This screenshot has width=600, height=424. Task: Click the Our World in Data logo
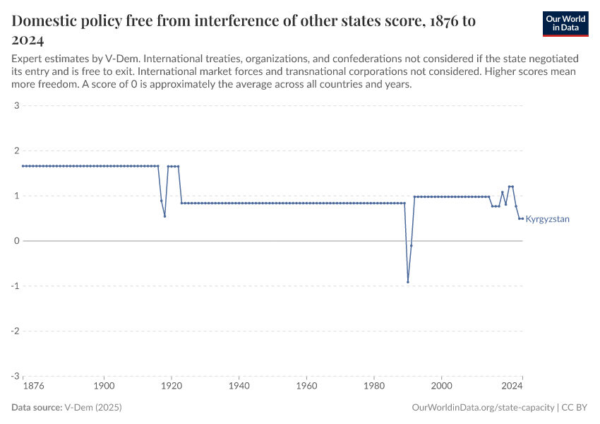(x=565, y=23)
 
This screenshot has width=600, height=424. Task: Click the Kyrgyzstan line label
(x=547, y=219)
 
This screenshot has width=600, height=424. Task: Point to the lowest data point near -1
(x=408, y=282)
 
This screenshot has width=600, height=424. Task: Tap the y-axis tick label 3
(x=16, y=106)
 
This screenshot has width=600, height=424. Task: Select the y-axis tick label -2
(x=14, y=331)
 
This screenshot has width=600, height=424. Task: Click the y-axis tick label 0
(x=16, y=241)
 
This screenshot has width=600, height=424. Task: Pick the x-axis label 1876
(x=33, y=387)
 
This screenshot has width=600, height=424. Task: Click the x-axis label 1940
(x=239, y=387)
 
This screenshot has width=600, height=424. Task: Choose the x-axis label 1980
(x=374, y=387)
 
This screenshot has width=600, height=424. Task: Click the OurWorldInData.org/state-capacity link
(x=483, y=408)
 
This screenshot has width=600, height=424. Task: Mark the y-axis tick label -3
(x=14, y=376)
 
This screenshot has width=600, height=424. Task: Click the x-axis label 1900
(x=104, y=387)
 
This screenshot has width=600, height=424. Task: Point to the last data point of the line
(x=522, y=218)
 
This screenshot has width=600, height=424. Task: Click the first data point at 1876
(x=23, y=166)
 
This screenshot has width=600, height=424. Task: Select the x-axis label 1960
(x=306, y=387)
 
